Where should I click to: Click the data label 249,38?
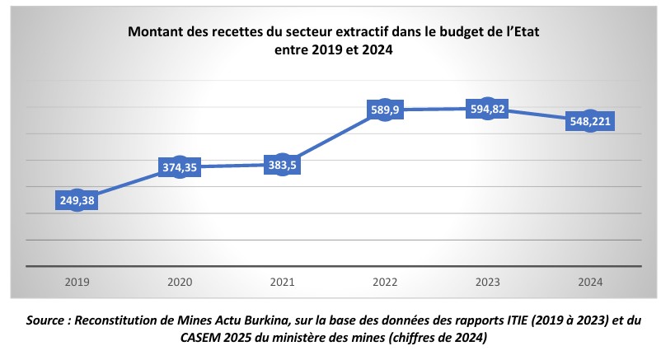77,199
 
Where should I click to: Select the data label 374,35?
180,167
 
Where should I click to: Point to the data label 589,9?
385,110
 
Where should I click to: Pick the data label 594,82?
488,110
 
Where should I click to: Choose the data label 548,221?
590,122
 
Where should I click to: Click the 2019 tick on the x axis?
77,282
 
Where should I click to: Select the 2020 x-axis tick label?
180,282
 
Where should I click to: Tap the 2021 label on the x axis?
282,282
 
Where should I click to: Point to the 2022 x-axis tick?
385,282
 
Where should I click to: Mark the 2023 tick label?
488,282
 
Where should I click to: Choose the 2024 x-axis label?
590,282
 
